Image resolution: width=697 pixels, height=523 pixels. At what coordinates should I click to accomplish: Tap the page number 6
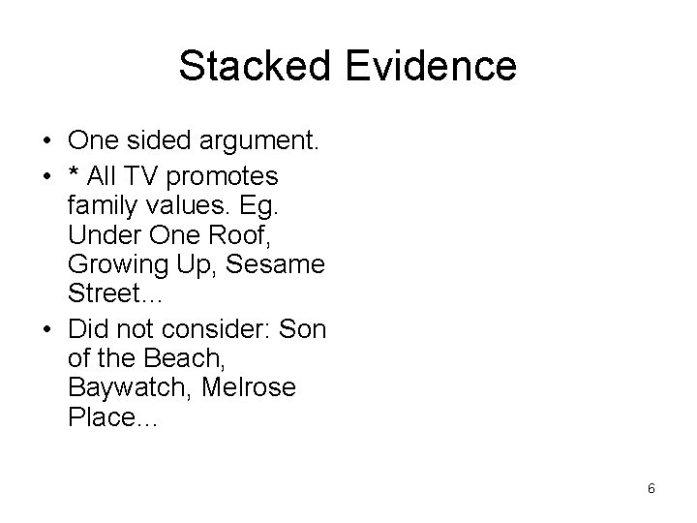652,489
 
